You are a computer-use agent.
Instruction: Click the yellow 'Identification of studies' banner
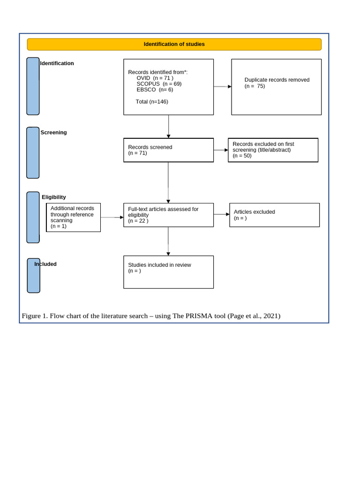[174, 45]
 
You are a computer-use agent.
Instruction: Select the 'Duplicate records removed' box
[276, 87]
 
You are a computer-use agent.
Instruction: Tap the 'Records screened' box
[168, 150]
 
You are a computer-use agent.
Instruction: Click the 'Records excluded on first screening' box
[273, 150]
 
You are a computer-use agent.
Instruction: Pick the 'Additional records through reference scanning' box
[74, 217]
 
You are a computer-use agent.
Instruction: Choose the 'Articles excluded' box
[274, 215]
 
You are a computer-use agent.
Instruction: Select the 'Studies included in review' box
[168, 272]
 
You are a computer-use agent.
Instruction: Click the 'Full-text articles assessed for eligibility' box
[168, 215]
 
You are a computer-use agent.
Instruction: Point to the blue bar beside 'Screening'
[33, 153]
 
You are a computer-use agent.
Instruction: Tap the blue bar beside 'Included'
[33, 276]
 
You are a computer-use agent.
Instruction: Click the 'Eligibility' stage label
[54, 197]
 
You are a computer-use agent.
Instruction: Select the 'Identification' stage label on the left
[57, 63]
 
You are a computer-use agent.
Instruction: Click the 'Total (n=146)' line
[152, 102]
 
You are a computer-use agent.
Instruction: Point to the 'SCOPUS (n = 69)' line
[159, 84]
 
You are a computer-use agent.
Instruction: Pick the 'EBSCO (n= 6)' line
[155, 90]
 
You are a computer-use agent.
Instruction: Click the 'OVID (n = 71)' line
[155, 78]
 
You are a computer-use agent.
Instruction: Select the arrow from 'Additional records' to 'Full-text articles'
[112, 217]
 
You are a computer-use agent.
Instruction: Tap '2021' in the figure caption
[270, 316]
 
